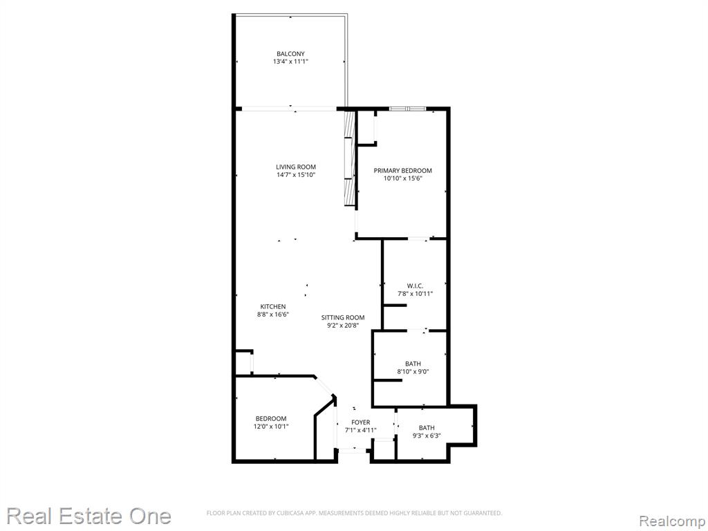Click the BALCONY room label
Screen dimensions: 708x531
coord(290,54)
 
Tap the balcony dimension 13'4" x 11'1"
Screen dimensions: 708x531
coord(290,62)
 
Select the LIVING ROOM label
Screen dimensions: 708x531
coord(296,167)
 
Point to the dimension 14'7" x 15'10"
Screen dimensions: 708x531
coord(296,175)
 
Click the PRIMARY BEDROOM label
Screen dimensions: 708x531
coord(402,170)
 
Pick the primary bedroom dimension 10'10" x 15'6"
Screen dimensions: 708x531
coord(402,178)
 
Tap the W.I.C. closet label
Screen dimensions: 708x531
coord(415,286)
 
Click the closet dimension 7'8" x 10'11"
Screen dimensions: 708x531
coord(415,294)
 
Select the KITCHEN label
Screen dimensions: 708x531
coord(272,306)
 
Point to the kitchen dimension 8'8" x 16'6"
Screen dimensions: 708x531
coord(272,315)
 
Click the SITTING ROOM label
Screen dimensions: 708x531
coord(343,317)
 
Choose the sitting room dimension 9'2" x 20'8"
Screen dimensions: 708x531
coord(343,326)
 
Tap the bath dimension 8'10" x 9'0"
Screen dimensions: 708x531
coord(413,371)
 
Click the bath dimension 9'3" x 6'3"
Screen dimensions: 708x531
coord(427,436)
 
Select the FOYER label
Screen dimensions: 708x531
coord(360,422)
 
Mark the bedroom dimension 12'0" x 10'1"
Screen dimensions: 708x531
coord(271,426)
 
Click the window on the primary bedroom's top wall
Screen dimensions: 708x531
coord(407,109)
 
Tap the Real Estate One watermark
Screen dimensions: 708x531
coord(89,516)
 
